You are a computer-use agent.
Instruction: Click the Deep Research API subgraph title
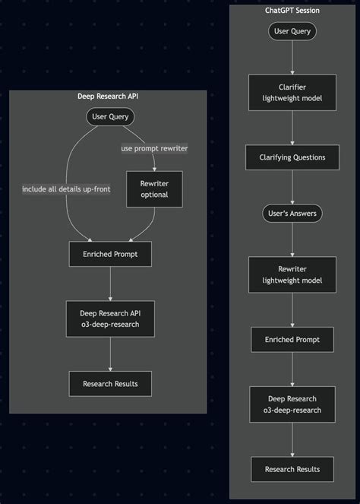(x=108, y=96)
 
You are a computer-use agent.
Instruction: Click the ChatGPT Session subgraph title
(x=292, y=11)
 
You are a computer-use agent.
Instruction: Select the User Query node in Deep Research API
(x=110, y=117)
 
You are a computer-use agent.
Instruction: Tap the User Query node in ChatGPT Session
(x=292, y=31)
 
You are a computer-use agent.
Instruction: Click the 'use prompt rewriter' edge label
(x=154, y=147)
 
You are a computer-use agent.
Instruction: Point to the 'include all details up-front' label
(x=66, y=189)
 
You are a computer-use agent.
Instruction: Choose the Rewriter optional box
(x=154, y=189)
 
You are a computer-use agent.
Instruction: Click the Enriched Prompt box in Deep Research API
(x=110, y=254)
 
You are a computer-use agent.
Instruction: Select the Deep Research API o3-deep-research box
(x=110, y=319)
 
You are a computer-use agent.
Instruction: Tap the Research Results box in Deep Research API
(x=110, y=383)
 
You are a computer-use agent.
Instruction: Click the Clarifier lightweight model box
(x=292, y=93)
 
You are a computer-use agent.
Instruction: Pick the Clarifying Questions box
(x=292, y=157)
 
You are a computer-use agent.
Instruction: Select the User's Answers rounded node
(x=292, y=214)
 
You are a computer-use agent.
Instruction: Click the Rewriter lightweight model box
(x=292, y=275)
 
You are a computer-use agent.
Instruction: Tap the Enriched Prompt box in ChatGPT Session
(x=292, y=339)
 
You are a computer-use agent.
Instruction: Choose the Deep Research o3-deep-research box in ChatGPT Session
(x=292, y=404)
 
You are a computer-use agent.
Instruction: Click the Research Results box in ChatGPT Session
(x=292, y=469)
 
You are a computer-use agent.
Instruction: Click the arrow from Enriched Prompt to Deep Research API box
(x=110, y=284)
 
